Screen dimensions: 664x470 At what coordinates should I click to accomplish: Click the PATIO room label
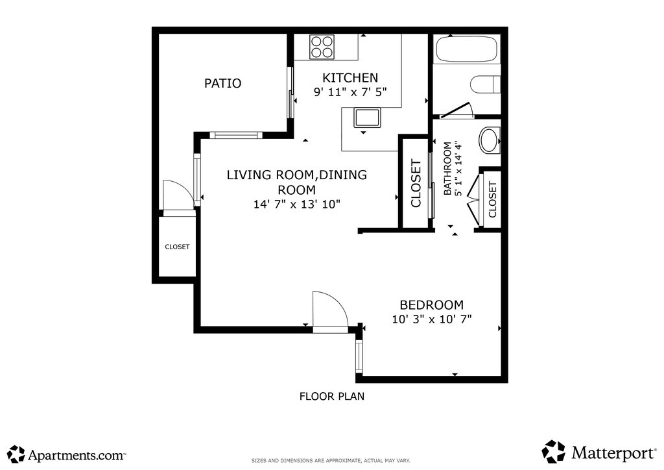pyautogui.click(x=223, y=83)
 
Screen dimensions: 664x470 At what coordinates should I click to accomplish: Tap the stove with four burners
pyautogui.click(x=322, y=47)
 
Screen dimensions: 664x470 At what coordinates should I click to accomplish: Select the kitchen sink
pyautogui.click(x=367, y=117)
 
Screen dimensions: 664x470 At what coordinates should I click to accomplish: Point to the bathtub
pyautogui.click(x=467, y=49)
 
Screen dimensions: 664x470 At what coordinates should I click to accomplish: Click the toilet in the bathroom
pyautogui.click(x=486, y=84)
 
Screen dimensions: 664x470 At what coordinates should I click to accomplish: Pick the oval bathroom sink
pyautogui.click(x=490, y=140)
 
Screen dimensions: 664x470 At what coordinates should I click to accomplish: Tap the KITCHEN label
pyautogui.click(x=350, y=77)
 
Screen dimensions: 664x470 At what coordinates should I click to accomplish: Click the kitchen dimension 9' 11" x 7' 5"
pyautogui.click(x=350, y=92)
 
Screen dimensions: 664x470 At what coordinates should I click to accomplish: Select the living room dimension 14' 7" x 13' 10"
pyautogui.click(x=297, y=204)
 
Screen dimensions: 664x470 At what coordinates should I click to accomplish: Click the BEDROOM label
pyautogui.click(x=431, y=304)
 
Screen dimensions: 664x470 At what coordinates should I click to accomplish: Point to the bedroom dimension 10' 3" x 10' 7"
pyautogui.click(x=431, y=319)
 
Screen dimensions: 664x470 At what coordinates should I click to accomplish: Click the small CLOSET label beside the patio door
pyautogui.click(x=177, y=247)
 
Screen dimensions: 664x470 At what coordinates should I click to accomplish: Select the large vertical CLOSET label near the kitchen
pyautogui.click(x=416, y=183)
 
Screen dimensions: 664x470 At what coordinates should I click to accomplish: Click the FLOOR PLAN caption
pyautogui.click(x=332, y=396)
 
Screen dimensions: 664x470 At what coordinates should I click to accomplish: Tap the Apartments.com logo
pyautogui.click(x=67, y=454)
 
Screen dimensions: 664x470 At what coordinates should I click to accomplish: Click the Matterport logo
pyautogui.click(x=599, y=452)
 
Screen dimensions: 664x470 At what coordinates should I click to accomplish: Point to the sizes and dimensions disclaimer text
pyautogui.click(x=331, y=461)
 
